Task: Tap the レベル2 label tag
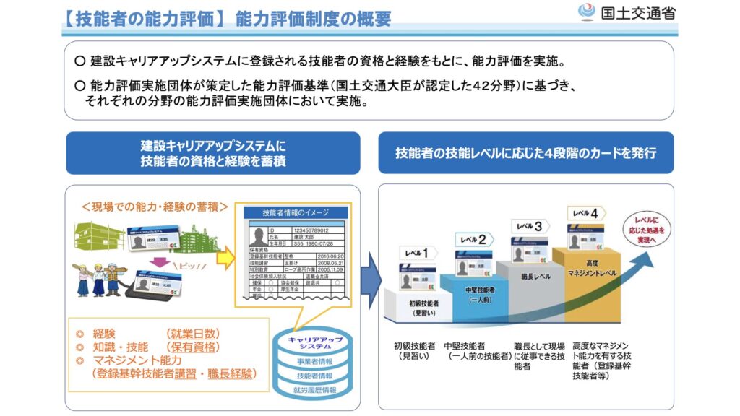click(474, 239)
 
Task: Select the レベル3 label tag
click(530, 227)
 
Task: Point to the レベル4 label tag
click(585, 214)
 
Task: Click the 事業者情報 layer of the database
click(315, 361)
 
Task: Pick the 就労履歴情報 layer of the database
click(315, 391)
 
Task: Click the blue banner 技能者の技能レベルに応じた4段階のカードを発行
click(525, 153)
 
